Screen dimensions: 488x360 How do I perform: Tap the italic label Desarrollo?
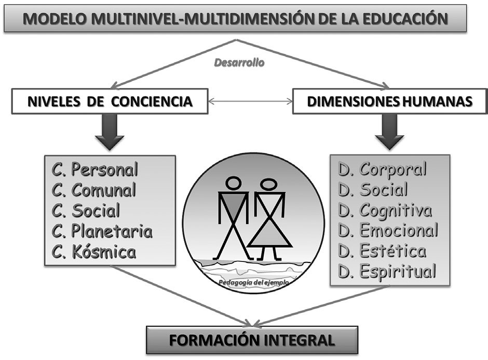click(x=239, y=63)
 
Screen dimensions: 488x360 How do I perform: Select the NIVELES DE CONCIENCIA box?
click(x=110, y=101)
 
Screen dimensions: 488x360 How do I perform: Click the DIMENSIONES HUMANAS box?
click(x=390, y=101)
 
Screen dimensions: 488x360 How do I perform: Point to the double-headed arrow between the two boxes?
click(x=251, y=101)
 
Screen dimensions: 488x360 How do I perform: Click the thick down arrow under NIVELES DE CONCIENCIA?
click(x=110, y=132)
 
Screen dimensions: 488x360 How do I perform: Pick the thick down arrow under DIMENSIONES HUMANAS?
click(x=389, y=132)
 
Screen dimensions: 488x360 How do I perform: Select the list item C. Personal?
click(x=94, y=170)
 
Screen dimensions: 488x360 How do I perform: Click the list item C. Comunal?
click(x=93, y=190)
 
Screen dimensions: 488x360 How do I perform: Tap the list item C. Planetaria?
click(x=102, y=231)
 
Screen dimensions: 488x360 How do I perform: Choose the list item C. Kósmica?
click(x=93, y=252)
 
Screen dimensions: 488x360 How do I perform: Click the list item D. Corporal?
click(x=383, y=170)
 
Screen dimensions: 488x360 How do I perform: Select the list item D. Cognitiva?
click(x=385, y=211)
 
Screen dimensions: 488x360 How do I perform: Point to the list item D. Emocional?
click(x=388, y=230)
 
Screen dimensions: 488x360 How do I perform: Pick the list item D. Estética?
click(x=382, y=251)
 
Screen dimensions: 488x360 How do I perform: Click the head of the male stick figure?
click(x=233, y=183)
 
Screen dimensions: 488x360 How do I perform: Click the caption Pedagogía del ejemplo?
click(x=254, y=283)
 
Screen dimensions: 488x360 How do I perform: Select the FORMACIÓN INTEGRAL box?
click(x=252, y=340)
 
